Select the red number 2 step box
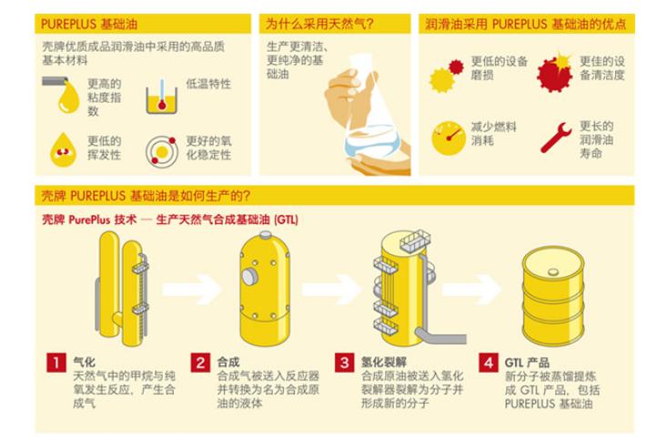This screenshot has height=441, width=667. coord(201,362)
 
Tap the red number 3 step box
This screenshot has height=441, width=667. coord(344,362)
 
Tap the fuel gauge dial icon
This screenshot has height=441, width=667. coord(449,137)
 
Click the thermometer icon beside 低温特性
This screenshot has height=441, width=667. coord(162,95)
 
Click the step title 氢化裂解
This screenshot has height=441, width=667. coord(380,362)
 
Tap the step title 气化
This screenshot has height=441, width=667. coord(85,362)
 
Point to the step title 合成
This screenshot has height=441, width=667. coord(228,362)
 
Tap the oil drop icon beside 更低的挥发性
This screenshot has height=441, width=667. coord(62,145)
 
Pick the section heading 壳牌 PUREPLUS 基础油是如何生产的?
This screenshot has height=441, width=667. coord(146,195)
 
